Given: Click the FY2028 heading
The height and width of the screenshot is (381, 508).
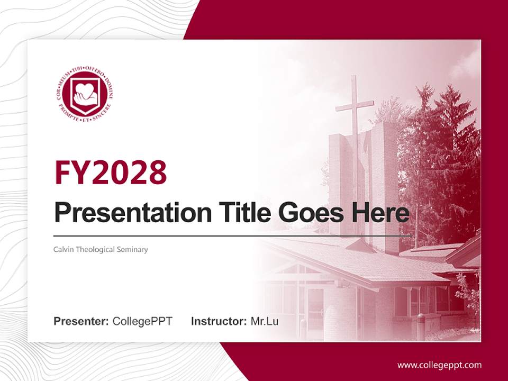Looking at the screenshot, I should tap(111, 172).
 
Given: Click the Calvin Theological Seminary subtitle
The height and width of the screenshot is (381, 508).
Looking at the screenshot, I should tap(101, 249).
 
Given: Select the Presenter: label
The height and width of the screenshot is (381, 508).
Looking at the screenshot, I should tap(81, 321).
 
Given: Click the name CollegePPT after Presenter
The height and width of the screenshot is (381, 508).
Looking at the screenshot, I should tap(142, 321).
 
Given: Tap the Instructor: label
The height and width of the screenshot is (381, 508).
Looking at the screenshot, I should tap(219, 321).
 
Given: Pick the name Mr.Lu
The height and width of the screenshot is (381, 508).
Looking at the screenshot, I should tap(265, 321).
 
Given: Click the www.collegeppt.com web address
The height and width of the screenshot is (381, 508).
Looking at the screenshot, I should tap(439, 365).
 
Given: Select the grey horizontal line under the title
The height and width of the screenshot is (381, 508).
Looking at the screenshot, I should tap(233, 235).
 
